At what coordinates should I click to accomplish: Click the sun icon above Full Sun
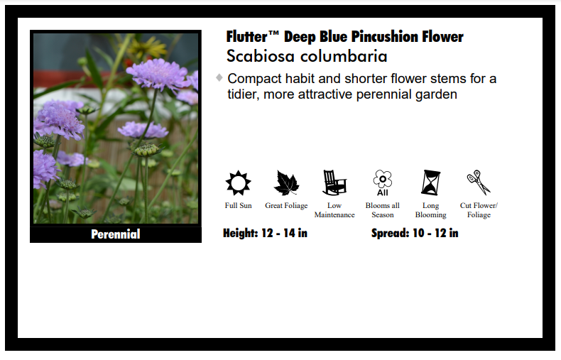point(239,183)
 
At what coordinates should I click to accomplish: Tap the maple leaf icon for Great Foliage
point(286,183)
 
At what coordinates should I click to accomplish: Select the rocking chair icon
point(334,182)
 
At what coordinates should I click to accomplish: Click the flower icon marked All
point(383,183)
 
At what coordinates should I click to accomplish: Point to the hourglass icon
point(431,182)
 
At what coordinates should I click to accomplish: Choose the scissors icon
point(479,182)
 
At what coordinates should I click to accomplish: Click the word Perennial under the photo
point(116,234)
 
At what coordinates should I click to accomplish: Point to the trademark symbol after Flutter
point(273,33)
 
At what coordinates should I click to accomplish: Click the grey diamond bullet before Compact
point(219,77)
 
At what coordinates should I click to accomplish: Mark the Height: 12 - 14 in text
point(265,234)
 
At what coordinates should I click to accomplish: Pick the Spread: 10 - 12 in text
point(415,234)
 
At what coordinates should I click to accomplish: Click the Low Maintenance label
point(334,210)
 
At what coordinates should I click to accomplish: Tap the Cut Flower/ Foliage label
point(479,210)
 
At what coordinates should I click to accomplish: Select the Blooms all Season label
point(383,210)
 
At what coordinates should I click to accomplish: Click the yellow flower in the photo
point(148,48)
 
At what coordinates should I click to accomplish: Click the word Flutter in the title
point(247,37)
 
